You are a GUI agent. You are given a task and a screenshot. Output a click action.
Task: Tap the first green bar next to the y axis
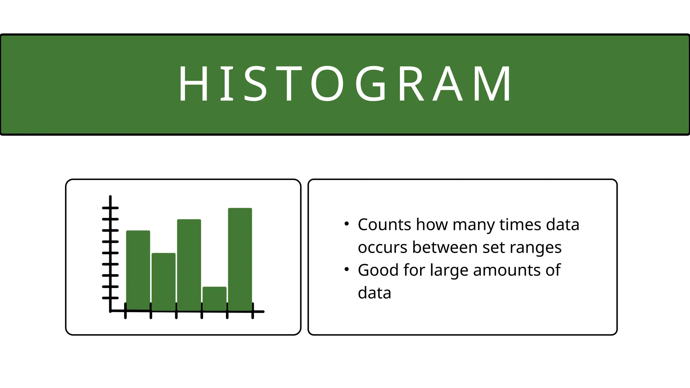(x=138, y=270)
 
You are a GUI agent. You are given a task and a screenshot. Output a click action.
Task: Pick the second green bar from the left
(x=163, y=281)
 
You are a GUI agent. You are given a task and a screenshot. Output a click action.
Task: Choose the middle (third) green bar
(x=189, y=264)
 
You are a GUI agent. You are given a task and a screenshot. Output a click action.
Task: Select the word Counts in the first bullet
(x=384, y=225)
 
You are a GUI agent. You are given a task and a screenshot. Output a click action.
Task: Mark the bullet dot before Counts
(x=347, y=224)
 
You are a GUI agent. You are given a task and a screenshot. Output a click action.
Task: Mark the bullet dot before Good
(x=347, y=269)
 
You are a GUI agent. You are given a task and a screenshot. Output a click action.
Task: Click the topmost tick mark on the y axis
(x=110, y=208)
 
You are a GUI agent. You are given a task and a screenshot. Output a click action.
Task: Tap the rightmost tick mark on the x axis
(x=253, y=311)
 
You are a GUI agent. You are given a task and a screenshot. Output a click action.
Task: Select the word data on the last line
(x=374, y=293)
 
